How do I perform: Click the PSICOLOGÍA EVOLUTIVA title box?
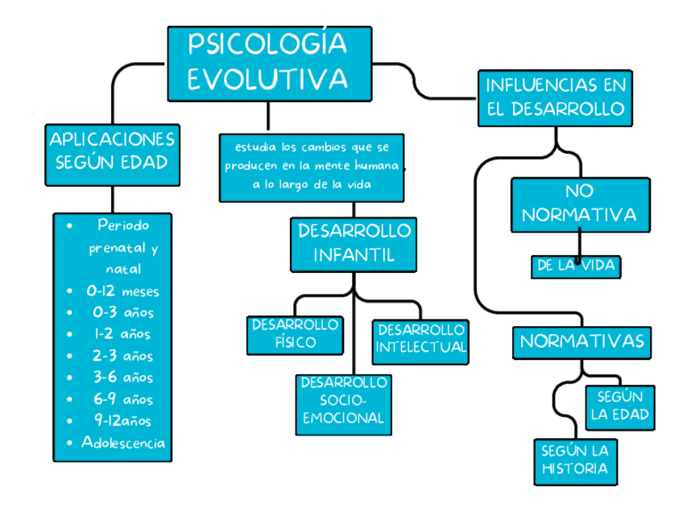(x=269, y=62)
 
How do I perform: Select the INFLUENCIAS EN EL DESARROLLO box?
(x=556, y=97)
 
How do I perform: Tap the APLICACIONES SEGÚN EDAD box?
(x=111, y=151)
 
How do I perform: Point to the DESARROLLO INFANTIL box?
(x=354, y=243)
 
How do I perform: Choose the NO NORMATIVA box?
(x=578, y=204)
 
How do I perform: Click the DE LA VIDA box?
(x=576, y=266)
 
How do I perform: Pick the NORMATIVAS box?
(x=582, y=341)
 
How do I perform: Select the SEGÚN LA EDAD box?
(x=619, y=407)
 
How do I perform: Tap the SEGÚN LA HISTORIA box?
(x=574, y=461)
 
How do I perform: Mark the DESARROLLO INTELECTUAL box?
(x=420, y=340)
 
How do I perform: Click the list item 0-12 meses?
(x=122, y=291)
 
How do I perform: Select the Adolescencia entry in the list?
(x=123, y=442)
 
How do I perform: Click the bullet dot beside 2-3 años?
(x=72, y=355)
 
